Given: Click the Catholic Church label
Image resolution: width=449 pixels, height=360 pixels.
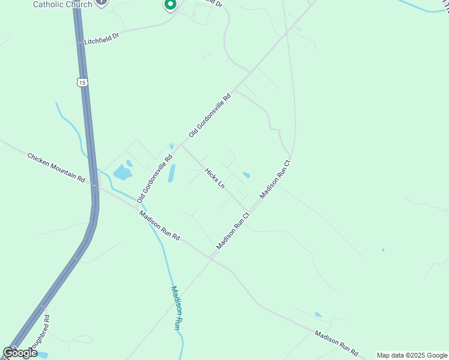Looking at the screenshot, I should click(62, 4).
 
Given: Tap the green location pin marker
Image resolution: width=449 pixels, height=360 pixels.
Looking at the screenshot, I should click(170, 5).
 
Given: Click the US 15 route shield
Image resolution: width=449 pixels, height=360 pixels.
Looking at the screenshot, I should click(82, 82).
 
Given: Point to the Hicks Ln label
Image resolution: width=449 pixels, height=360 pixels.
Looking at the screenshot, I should click(214, 178).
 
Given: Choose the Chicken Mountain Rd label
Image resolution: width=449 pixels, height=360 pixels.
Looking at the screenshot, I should click(56, 166).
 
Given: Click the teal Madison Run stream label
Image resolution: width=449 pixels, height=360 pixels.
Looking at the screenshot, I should click(175, 307).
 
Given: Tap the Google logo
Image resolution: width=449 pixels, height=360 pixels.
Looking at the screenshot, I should click(20, 353).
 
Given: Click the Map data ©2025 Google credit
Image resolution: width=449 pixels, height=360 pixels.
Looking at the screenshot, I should click(412, 355).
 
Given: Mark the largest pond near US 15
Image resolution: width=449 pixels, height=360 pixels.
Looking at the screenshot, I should click(122, 173).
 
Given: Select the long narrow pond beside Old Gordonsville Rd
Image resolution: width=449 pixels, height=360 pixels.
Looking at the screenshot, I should click(172, 173).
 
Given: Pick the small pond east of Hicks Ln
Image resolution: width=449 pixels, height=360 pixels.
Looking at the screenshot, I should click(246, 175).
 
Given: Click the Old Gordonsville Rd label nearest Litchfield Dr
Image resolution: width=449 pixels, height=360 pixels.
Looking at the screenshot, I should click(209, 115).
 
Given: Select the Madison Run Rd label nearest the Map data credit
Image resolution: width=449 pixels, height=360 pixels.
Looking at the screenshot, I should click(336, 344).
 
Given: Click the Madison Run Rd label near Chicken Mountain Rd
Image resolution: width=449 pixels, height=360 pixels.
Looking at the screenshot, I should click(159, 225).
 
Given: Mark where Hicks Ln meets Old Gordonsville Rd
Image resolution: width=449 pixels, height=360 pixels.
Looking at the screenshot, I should click(181, 146).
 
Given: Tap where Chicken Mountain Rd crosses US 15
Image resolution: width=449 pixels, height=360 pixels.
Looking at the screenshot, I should click(94, 187).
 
